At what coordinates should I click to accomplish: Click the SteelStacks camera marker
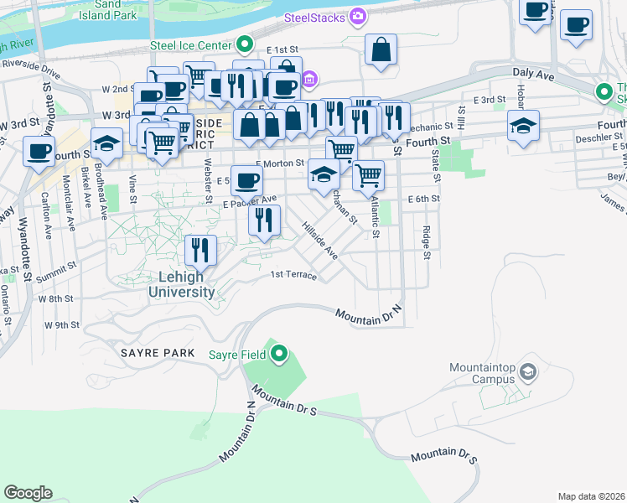click(x=359, y=16)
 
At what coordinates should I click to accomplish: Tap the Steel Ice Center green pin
click(x=245, y=44)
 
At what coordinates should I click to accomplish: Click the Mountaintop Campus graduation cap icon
click(x=528, y=371)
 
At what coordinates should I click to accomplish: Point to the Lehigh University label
click(x=181, y=285)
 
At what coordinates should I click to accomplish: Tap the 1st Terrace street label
click(x=293, y=275)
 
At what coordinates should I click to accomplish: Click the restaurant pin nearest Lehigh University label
click(x=200, y=249)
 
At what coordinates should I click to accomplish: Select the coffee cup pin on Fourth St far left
click(x=39, y=153)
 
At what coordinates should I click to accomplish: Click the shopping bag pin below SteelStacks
click(x=381, y=49)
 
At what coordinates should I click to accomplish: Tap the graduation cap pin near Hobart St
click(x=523, y=126)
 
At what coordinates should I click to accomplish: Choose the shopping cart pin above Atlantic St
click(x=369, y=175)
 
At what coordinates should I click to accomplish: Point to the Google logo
click(x=28, y=493)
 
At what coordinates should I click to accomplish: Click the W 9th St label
click(x=63, y=324)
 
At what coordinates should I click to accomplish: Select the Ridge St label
click(x=427, y=242)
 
